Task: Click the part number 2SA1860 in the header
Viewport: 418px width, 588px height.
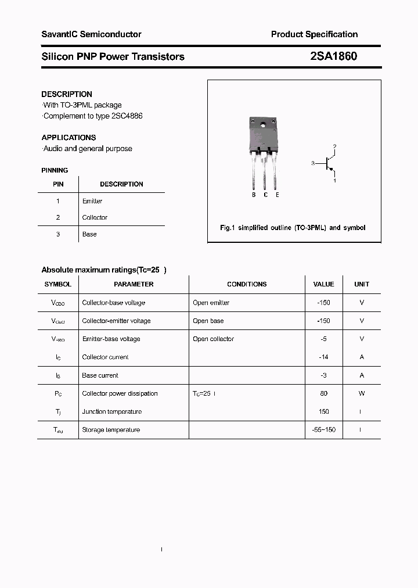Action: click(x=333, y=56)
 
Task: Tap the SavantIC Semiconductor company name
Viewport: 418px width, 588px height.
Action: click(x=91, y=34)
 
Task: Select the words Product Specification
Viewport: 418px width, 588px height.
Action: click(x=314, y=34)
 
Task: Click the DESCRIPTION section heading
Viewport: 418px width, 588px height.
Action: click(x=67, y=94)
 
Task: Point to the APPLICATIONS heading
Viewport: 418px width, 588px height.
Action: click(x=69, y=138)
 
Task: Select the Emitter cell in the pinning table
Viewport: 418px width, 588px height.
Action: click(x=92, y=201)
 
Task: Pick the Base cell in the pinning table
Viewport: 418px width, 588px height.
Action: click(x=89, y=234)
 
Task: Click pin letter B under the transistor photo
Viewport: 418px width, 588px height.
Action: click(x=254, y=195)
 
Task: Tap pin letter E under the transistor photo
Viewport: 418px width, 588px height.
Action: click(x=278, y=195)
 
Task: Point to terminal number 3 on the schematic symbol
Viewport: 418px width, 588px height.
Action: click(x=312, y=164)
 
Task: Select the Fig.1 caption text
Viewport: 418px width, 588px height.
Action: click(x=293, y=228)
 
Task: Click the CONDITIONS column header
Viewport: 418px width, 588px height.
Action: click(x=247, y=284)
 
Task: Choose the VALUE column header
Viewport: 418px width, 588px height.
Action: click(x=323, y=284)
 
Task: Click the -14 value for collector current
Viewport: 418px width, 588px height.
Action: click(x=323, y=357)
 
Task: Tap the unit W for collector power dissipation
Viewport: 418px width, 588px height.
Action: click(x=362, y=393)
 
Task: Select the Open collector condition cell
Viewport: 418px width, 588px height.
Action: click(x=213, y=339)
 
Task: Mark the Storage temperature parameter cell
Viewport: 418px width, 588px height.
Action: click(x=111, y=430)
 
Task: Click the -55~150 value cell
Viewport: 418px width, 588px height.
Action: click(x=323, y=430)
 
